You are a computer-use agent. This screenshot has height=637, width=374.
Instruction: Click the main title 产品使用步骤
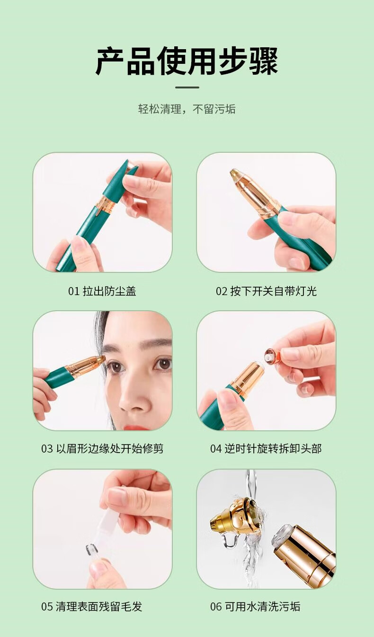click(x=187, y=61)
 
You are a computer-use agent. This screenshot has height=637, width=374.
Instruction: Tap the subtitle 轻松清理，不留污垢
click(x=187, y=109)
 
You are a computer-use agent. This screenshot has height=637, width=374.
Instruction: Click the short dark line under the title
click(x=187, y=87)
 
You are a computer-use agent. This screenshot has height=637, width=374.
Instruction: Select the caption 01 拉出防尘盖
click(x=102, y=291)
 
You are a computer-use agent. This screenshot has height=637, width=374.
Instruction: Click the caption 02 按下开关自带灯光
click(x=266, y=291)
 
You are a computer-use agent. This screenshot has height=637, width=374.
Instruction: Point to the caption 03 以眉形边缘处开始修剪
click(x=102, y=448)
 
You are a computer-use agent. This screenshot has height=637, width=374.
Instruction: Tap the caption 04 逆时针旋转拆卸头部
click(x=266, y=448)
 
